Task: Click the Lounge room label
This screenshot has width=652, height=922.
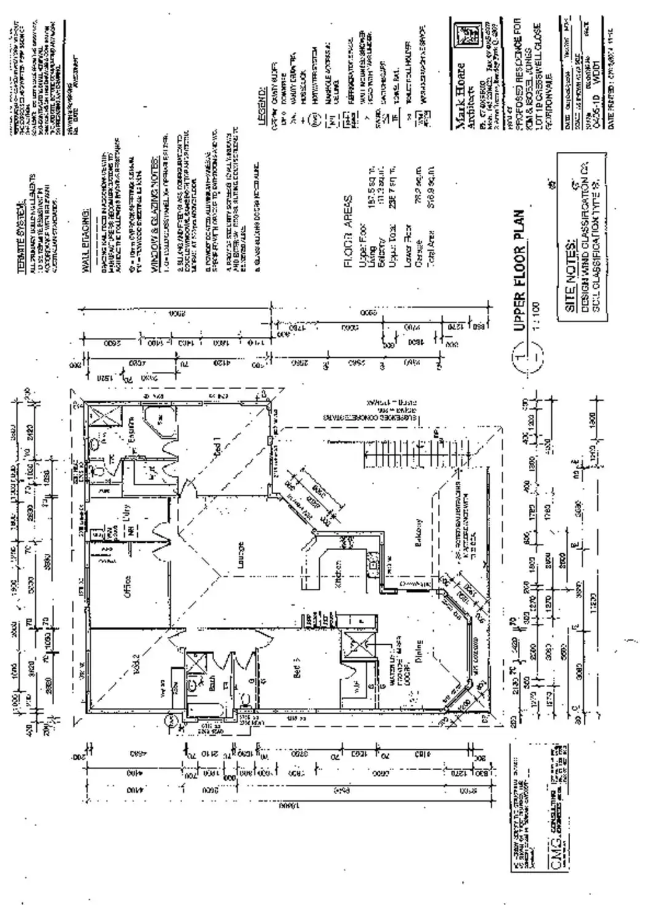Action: coord(241,551)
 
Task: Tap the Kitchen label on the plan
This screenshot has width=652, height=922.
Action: coord(338,575)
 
